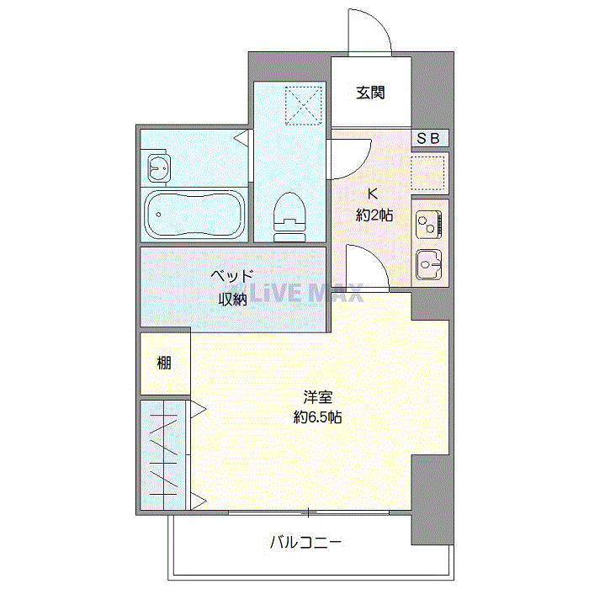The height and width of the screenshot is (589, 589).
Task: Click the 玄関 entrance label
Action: pyautogui.click(x=370, y=93)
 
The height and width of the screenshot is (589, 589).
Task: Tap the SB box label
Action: pyautogui.click(x=428, y=138)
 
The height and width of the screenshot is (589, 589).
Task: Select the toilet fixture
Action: pyautogui.click(x=289, y=217)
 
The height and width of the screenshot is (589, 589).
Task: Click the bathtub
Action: pyautogui.click(x=194, y=215)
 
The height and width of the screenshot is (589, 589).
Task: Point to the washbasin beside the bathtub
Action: pyautogui.click(x=159, y=168)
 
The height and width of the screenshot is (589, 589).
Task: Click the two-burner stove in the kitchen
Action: pyautogui.click(x=428, y=225)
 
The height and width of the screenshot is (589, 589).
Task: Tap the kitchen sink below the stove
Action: pyautogui.click(x=428, y=265)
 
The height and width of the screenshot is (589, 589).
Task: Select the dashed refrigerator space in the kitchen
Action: pyautogui.click(x=427, y=172)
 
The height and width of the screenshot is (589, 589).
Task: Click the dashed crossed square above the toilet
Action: pyautogui.click(x=304, y=105)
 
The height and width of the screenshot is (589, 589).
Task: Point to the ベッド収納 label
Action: pyautogui.click(x=231, y=288)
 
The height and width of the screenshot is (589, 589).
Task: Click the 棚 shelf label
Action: pyautogui.click(x=164, y=363)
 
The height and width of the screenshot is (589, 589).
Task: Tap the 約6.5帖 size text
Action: pyautogui.click(x=317, y=417)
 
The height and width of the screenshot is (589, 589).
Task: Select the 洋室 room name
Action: pyautogui.click(x=318, y=397)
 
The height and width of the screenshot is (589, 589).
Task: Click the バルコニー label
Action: pyautogui.click(x=305, y=542)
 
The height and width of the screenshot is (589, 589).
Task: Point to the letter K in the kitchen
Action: pyautogui.click(x=372, y=194)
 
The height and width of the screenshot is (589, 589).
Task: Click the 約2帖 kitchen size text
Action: pyautogui.click(x=374, y=215)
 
